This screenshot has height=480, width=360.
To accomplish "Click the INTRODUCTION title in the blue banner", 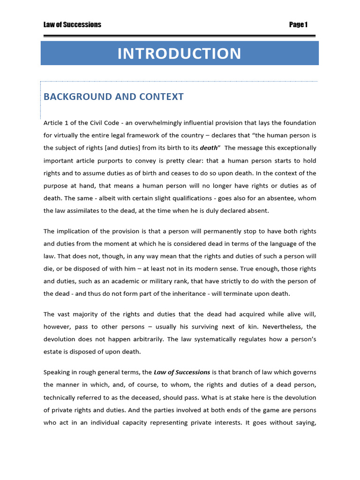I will (x=179, y=53).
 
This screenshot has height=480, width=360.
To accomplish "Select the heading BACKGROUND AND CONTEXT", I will (x=113, y=97).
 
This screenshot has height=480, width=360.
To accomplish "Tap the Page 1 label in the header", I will (x=298, y=25).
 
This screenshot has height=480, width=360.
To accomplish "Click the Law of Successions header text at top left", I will (x=72, y=25).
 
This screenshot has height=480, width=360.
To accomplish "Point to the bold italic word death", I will (x=209, y=147).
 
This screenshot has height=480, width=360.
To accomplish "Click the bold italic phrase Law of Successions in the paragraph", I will (x=182, y=372).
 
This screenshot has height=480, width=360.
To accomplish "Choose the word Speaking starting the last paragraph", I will (x=58, y=372).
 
